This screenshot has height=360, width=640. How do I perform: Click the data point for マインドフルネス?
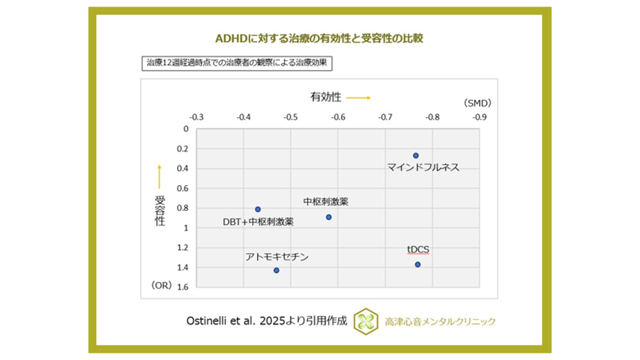coord(415,155)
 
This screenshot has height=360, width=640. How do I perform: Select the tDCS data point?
coord(418,265)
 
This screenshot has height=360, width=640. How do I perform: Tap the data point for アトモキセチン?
coord(276,270)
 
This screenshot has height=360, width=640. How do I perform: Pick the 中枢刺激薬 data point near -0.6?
coord(329,217)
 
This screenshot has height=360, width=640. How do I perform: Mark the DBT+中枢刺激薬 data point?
coord(258,209)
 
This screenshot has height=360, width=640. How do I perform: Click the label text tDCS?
coord(418,249)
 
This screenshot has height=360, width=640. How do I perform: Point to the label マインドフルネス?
coord(423,168)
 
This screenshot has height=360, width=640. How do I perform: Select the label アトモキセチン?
coord(277,256)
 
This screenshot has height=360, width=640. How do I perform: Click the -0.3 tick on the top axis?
coord(196,116)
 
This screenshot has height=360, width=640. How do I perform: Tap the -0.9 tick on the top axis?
coord(480,116)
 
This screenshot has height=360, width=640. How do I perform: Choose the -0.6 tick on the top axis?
coord(338,116)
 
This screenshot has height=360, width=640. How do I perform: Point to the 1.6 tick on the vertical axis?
coord(182,287)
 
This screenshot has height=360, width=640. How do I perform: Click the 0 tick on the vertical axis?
coord(186,129)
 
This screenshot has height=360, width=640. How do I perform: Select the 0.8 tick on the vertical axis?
coord(182,208)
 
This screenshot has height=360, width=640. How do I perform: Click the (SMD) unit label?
coord(478,103)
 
